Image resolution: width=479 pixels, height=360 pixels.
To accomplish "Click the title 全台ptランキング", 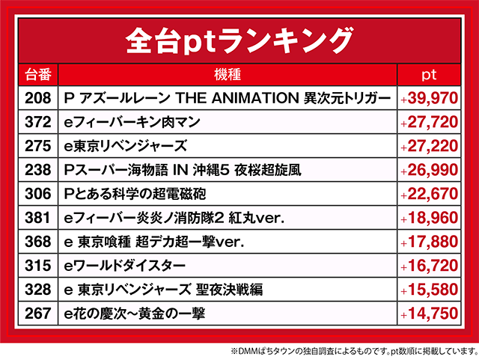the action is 239,41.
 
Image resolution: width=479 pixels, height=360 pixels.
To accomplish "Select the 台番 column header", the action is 38,75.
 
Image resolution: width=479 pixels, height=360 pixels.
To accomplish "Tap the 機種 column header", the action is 228,75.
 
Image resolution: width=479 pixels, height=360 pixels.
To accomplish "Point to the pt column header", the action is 429,75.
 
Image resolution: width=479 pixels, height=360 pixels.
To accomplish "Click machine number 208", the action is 38,98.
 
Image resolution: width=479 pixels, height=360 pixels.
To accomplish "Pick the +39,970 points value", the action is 430,98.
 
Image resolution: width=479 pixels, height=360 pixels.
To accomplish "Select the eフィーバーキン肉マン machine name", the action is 132,122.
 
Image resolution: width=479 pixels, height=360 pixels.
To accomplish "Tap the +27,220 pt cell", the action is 430,146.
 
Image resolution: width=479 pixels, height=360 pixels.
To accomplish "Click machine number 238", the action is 38,170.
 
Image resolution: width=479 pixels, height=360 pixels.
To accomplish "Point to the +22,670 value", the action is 430,194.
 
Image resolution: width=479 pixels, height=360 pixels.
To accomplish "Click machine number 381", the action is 38,218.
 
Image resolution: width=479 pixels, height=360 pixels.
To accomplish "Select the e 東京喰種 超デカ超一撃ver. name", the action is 154,242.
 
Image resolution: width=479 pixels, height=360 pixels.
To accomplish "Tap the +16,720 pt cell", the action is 430,266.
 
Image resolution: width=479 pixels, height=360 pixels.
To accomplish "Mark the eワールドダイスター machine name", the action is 125,266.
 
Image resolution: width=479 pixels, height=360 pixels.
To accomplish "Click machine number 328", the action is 38,290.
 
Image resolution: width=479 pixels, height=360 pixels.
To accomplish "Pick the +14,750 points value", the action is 430,314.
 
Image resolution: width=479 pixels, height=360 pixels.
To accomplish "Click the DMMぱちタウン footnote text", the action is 355,351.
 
